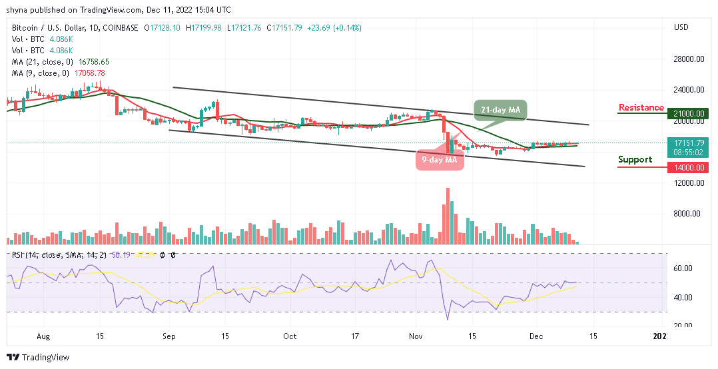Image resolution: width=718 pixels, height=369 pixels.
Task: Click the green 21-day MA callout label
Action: pos(500,111)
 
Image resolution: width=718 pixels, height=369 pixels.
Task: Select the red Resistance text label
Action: pos(641,108)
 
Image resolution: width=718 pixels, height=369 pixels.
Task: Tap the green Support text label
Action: pos(635,160)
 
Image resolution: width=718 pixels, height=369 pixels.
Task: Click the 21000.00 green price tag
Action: pos(688,114)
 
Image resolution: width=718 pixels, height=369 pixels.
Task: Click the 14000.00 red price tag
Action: pos(688,167)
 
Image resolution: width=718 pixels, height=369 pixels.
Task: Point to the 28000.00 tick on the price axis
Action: pos(688,59)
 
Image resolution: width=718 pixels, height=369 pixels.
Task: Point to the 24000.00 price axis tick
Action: pos(688,89)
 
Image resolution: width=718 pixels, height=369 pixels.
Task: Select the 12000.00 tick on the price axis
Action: pos(688,183)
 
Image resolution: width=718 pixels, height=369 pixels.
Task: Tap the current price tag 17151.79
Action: pos(688,143)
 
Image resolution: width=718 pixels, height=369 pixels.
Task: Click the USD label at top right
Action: pos(681,28)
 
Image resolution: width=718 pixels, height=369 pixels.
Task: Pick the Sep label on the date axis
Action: pos(169,337)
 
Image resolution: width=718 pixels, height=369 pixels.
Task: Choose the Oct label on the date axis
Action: pos(290,337)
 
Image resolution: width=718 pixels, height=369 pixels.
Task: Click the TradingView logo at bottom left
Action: pos(38,358)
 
